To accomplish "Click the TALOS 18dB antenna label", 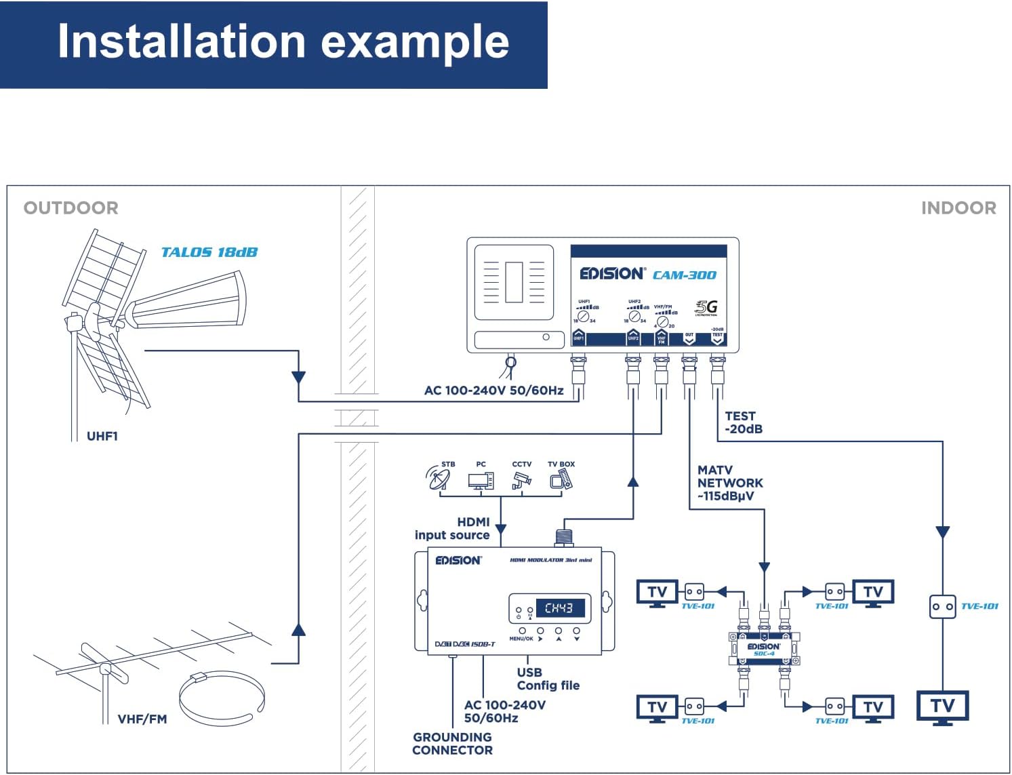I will click(x=209, y=252).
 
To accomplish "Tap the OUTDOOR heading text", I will click(x=70, y=207).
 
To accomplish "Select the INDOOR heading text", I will click(x=958, y=207).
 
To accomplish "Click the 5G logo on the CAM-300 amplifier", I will click(x=706, y=307).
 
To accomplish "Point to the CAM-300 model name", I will click(x=684, y=275).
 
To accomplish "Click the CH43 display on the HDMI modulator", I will click(x=559, y=608).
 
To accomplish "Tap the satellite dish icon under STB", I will click(x=438, y=478).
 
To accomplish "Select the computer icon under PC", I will click(x=481, y=480).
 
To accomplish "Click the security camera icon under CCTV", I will click(x=521, y=480).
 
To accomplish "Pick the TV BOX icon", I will click(x=561, y=480).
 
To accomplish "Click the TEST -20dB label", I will click(x=743, y=422).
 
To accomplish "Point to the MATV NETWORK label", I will click(x=729, y=483).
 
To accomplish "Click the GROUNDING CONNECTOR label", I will click(x=452, y=743).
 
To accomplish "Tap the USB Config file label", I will click(x=548, y=679).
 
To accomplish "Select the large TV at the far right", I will click(x=942, y=707).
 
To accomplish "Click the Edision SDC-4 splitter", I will click(x=764, y=648).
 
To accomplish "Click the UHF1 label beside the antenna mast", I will click(x=102, y=436).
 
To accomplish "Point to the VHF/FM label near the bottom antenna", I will click(x=142, y=719).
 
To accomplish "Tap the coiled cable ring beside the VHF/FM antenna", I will click(x=221, y=698).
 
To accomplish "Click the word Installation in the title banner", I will click(x=181, y=41).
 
